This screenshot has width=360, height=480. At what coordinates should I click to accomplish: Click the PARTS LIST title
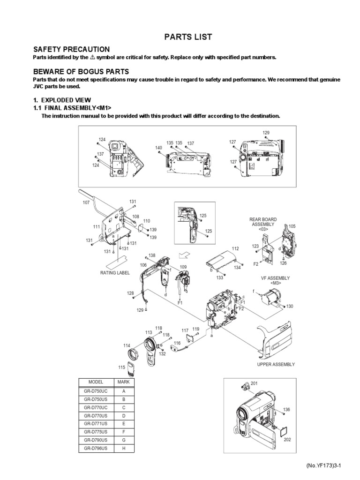pos(180,37)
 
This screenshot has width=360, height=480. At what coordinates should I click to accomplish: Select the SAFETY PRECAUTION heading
pos(71,49)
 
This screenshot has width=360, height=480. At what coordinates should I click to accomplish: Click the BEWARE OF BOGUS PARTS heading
pos(81,71)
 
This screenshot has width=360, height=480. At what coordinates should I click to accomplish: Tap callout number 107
pos(86,202)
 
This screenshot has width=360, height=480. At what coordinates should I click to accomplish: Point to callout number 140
pos(158,148)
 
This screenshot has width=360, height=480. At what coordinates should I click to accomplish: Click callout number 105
pos(292,226)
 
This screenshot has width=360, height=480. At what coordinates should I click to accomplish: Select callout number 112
pos(235,248)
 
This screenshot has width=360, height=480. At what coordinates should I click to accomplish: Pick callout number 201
pos(254,383)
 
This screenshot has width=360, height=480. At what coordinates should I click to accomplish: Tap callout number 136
pos(286,410)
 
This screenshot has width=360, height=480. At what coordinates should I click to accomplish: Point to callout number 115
pos(121,367)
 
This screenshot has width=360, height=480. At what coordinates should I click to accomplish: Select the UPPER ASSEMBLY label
pos(276,364)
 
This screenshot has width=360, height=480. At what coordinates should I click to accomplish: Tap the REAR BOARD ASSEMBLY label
pos(263,222)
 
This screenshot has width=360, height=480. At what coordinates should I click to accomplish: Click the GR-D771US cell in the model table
pos(96,423)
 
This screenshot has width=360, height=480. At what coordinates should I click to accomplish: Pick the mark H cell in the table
pos(124,448)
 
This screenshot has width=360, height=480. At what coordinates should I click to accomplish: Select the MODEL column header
pos(96,382)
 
